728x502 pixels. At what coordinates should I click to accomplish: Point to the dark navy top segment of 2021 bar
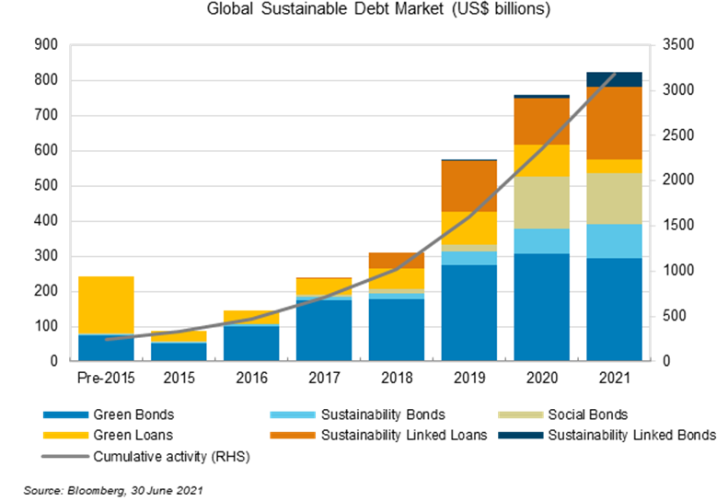click(x=614, y=79)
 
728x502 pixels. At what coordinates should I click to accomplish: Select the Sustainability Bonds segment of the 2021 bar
click(x=614, y=241)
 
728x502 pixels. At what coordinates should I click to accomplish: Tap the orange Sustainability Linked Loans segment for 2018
click(x=397, y=260)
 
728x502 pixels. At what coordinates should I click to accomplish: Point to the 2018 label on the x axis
click(x=397, y=379)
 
